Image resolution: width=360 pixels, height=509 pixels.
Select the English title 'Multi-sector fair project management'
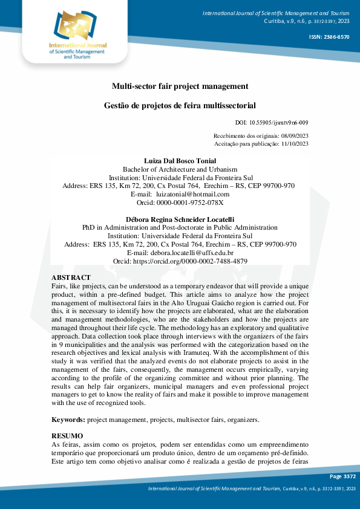[180, 86]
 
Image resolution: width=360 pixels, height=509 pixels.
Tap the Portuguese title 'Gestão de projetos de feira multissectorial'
[180, 105]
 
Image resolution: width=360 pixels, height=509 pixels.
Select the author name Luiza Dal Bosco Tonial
[180, 161]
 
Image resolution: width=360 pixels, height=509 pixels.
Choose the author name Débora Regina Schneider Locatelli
[180, 219]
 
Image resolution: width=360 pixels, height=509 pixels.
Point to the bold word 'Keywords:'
[68, 418]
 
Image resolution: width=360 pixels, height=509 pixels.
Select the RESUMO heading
[67, 436]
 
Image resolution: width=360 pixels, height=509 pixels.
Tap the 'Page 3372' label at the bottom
[342, 477]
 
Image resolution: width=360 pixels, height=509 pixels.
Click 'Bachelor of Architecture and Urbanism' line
[180, 169]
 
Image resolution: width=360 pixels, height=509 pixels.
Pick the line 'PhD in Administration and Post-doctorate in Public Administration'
[180, 227]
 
